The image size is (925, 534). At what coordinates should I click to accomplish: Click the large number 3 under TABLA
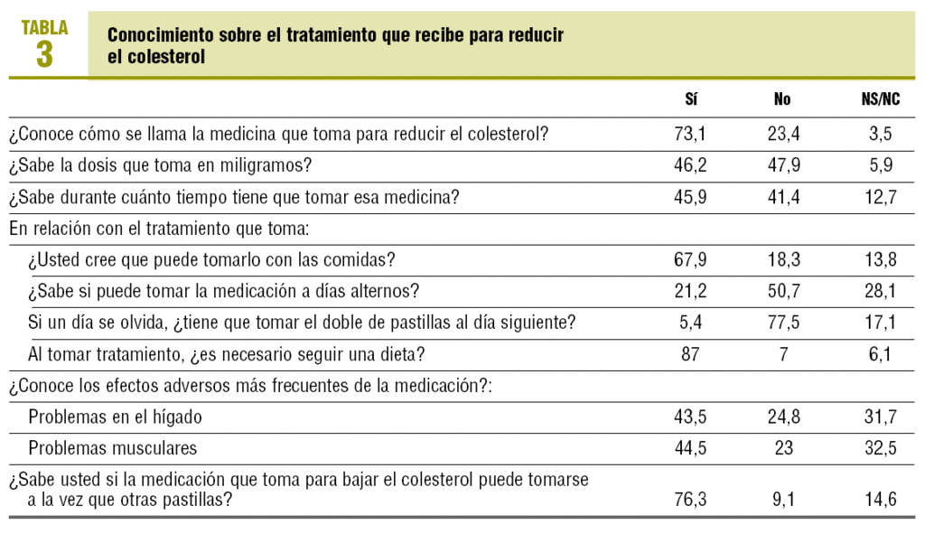(x=44, y=54)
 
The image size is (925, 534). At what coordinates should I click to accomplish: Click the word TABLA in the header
(x=44, y=27)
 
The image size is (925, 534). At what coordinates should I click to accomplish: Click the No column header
(x=782, y=99)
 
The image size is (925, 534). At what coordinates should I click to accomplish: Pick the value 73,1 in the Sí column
(x=691, y=135)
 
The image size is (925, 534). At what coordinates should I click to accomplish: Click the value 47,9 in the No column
(x=782, y=166)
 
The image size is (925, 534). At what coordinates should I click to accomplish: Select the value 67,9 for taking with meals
(x=691, y=261)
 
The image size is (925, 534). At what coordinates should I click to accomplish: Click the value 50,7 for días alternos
(x=782, y=292)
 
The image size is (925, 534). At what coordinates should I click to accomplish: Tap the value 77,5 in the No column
(x=782, y=323)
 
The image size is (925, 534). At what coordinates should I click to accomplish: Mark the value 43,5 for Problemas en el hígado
(x=691, y=417)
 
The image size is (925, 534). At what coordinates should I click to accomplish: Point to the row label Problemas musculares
(x=113, y=449)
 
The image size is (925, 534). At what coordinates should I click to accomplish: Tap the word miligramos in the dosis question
(x=259, y=166)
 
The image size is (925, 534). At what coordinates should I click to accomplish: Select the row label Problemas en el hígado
(x=115, y=417)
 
